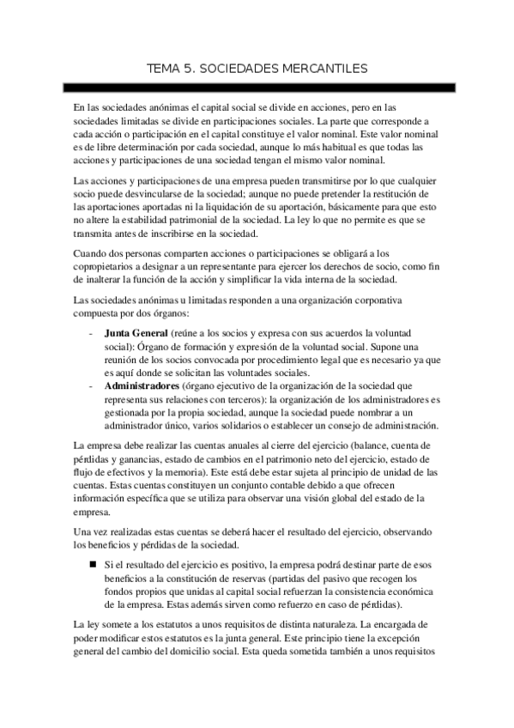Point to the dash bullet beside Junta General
pyautogui.click(x=91, y=331)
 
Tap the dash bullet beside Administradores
pyautogui.click(x=91, y=386)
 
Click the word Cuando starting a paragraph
pyautogui.click(x=93, y=254)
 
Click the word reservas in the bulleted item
pyautogui.click(x=236, y=579)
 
